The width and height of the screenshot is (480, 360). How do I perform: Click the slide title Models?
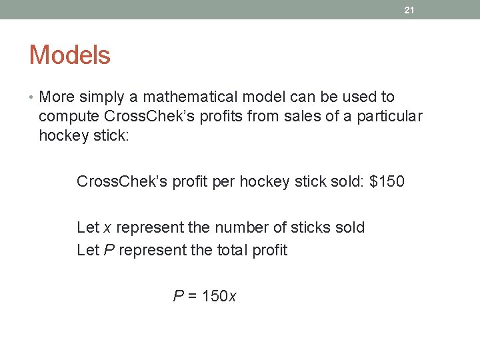click(69, 55)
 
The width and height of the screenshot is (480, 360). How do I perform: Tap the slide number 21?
click(410, 10)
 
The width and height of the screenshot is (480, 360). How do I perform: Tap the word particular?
click(389, 117)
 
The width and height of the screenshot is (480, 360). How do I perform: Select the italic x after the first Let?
click(107, 228)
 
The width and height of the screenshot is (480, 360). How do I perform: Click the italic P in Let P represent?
click(107, 251)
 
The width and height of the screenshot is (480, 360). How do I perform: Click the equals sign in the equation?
click(193, 296)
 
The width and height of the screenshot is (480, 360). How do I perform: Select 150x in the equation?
click(219, 296)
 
